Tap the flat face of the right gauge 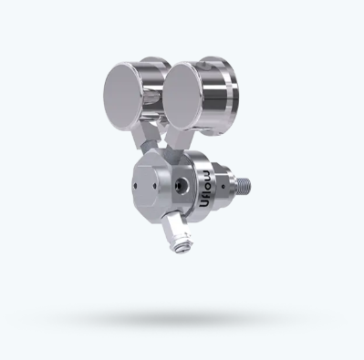point(183,96)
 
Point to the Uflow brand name point(206,189)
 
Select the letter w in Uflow point(207,174)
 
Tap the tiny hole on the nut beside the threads point(224,186)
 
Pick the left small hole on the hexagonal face point(136,186)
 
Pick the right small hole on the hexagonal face point(154,186)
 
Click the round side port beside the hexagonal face point(180,184)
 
